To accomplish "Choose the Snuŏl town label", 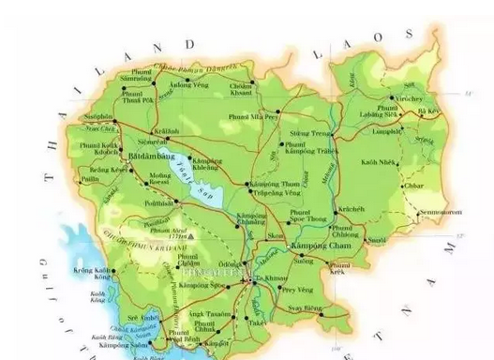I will pos(376,240).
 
